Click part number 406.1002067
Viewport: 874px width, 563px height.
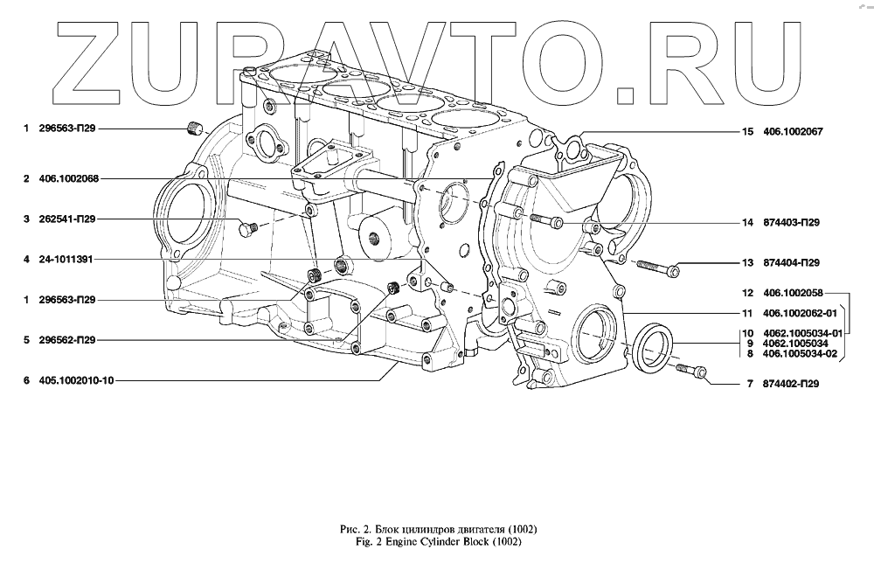click(x=794, y=132)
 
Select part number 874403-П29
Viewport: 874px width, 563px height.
click(x=790, y=223)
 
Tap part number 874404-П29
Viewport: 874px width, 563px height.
click(x=790, y=263)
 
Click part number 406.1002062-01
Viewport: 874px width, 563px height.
click(x=800, y=313)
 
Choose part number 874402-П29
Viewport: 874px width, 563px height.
click(x=790, y=383)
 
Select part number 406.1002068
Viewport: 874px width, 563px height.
click(x=68, y=179)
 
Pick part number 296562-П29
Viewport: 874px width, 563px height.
click(x=67, y=340)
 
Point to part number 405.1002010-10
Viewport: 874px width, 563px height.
click(x=77, y=380)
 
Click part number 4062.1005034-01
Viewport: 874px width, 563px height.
click(x=801, y=333)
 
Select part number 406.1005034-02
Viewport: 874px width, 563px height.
click(x=800, y=354)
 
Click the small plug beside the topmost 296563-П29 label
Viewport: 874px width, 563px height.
click(x=195, y=129)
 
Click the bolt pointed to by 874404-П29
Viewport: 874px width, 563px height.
click(x=655, y=265)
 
